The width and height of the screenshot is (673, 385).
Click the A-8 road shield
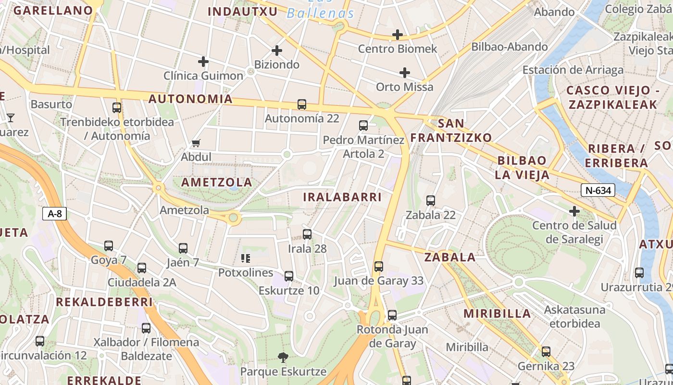click(x=55, y=214)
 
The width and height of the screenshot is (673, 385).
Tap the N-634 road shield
click(x=598, y=190)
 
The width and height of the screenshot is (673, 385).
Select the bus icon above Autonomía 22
click(x=302, y=104)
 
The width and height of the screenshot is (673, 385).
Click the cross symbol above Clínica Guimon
click(x=203, y=62)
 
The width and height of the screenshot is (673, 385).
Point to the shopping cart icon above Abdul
click(x=196, y=143)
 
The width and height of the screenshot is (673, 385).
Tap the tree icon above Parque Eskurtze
click(x=283, y=357)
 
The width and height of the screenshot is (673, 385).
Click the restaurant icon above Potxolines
click(x=246, y=259)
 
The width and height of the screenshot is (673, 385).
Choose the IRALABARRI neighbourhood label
click(x=342, y=197)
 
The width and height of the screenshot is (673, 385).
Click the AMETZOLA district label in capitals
click(x=216, y=182)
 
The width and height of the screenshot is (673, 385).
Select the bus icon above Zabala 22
click(x=431, y=201)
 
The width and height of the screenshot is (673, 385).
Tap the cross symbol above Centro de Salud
click(x=574, y=211)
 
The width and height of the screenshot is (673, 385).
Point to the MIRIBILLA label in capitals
click(x=497, y=314)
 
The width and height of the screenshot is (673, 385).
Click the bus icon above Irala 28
click(x=307, y=234)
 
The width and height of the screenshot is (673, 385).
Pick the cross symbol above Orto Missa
click(x=405, y=73)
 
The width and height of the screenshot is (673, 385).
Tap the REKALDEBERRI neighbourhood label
click(x=104, y=302)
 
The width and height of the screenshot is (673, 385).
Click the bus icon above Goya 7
click(x=109, y=246)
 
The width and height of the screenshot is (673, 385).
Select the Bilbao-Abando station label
click(x=510, y=47)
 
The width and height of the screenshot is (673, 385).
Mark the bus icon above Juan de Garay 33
click(x=379, y=266)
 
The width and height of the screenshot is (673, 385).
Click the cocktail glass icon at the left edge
click(x=10, y=117)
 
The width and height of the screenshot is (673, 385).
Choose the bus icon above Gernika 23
click(x=546, y=352)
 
